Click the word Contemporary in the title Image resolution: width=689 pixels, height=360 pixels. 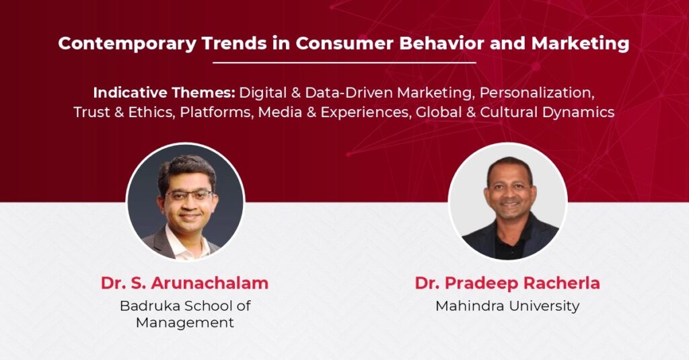click(x=127, y=43)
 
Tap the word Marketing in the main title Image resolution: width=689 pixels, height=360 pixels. click(x=580, y=43)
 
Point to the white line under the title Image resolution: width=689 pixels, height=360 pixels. click(x=344, y=63)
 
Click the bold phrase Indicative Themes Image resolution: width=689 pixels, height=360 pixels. click(x=165, y=93)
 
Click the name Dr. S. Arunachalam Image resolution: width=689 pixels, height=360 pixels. click(x=184, y=283)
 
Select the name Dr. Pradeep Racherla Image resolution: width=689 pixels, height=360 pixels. click(x=507, y=283)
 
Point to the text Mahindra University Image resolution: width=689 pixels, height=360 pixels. click(x=507, y=305)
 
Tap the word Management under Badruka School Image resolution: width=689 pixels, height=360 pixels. click(x=185, y=322)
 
